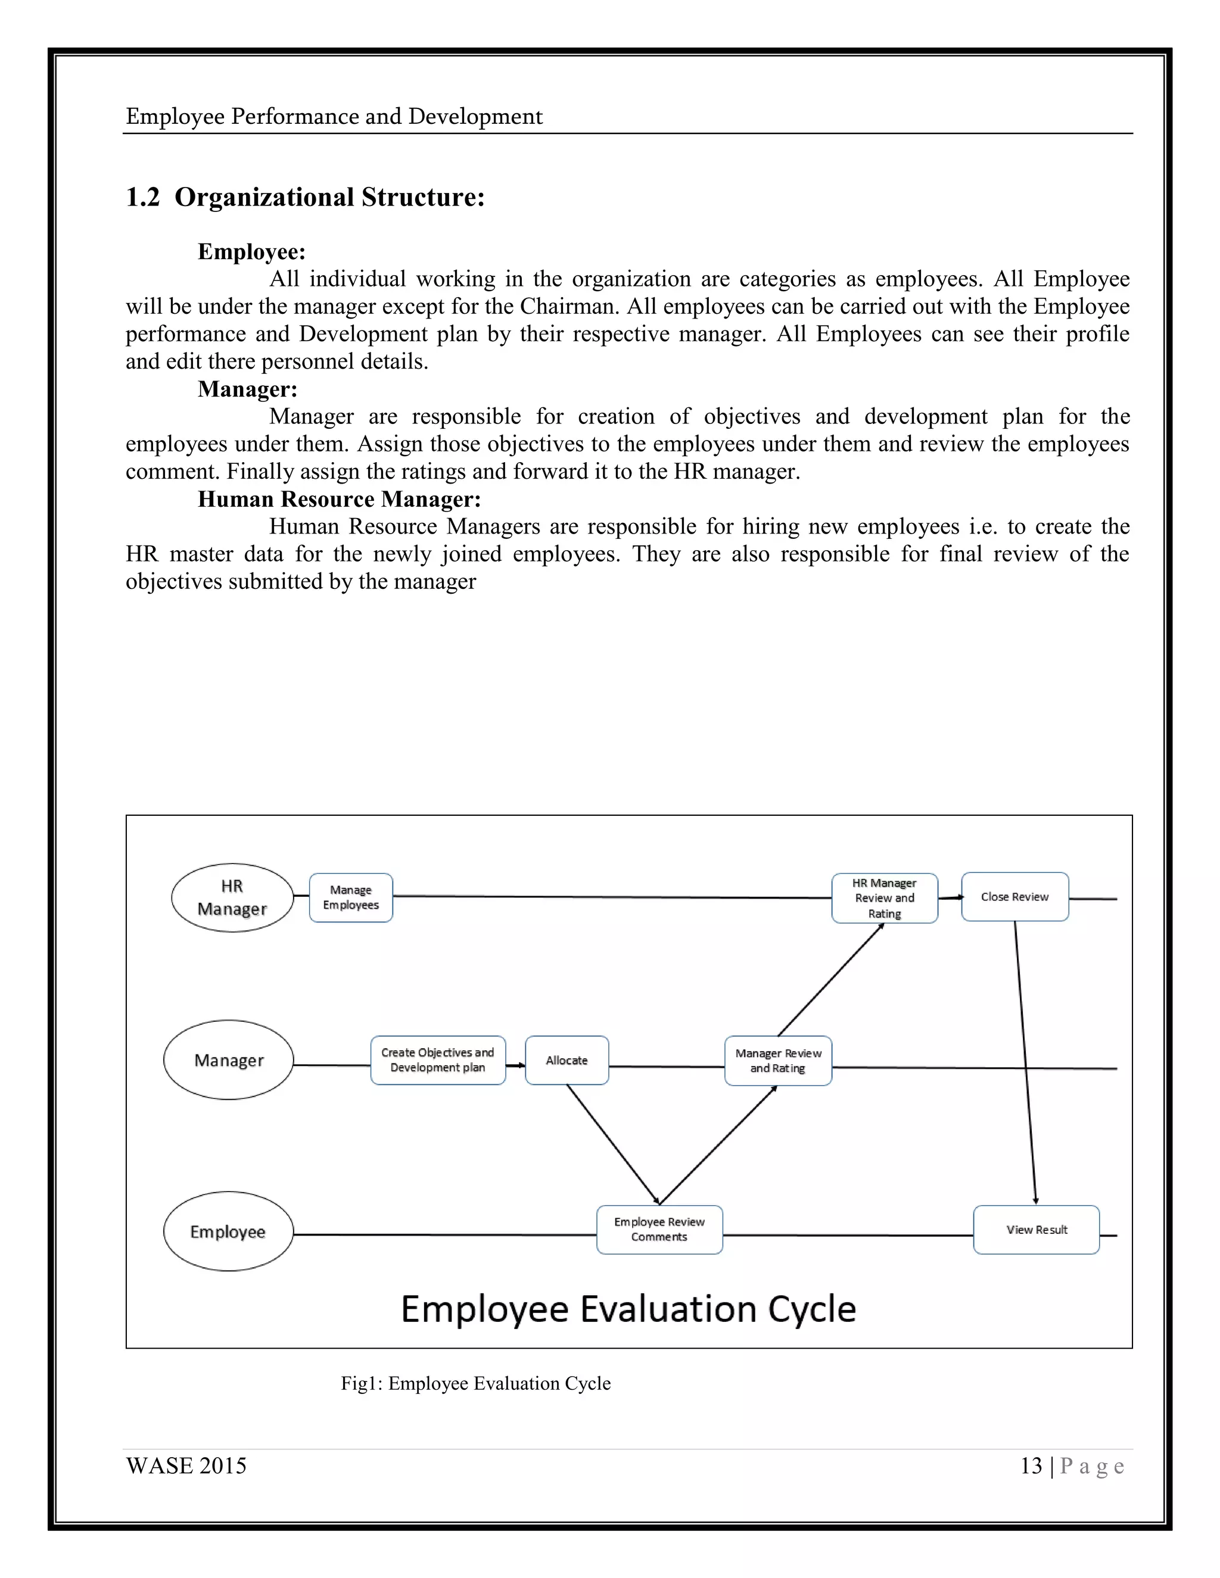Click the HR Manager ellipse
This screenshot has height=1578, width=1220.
pyautogui.click(x=232, y=897)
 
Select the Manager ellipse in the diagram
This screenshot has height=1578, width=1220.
pyautogui.click(x=228, y=1060)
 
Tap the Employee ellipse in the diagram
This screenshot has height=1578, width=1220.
pyautogui.click(x=228, y=1231)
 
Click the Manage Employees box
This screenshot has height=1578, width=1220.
pyautogui.click(x=350, y=897)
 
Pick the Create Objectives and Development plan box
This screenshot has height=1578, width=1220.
pyautogui.click(x=437, y=1060)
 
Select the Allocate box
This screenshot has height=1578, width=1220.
pyautogui.click(x=567, y=1060)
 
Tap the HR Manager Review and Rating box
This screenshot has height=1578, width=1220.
pyautogui.click(x=884, y=898)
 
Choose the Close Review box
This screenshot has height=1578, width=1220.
pyautogui.click(x=1014, y=897)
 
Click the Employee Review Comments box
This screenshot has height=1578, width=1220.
pyautogui.click(x=659, y=1229)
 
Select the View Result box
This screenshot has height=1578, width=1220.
pyautogui.click(x=1036, y=1229)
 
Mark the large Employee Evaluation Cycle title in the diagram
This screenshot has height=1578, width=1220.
pyautogui.click(x=628, y=1309)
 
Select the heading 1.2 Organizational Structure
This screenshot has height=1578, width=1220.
pyautogui.click(x=305, y=197)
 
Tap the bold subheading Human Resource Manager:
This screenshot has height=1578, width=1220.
pyautogui.click(x=339, y=499)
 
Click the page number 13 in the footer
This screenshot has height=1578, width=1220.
pyautogui.click(x=1031, y=1466)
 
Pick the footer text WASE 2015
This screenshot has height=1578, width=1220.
pyautogui.click(x=186, y=1466)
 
